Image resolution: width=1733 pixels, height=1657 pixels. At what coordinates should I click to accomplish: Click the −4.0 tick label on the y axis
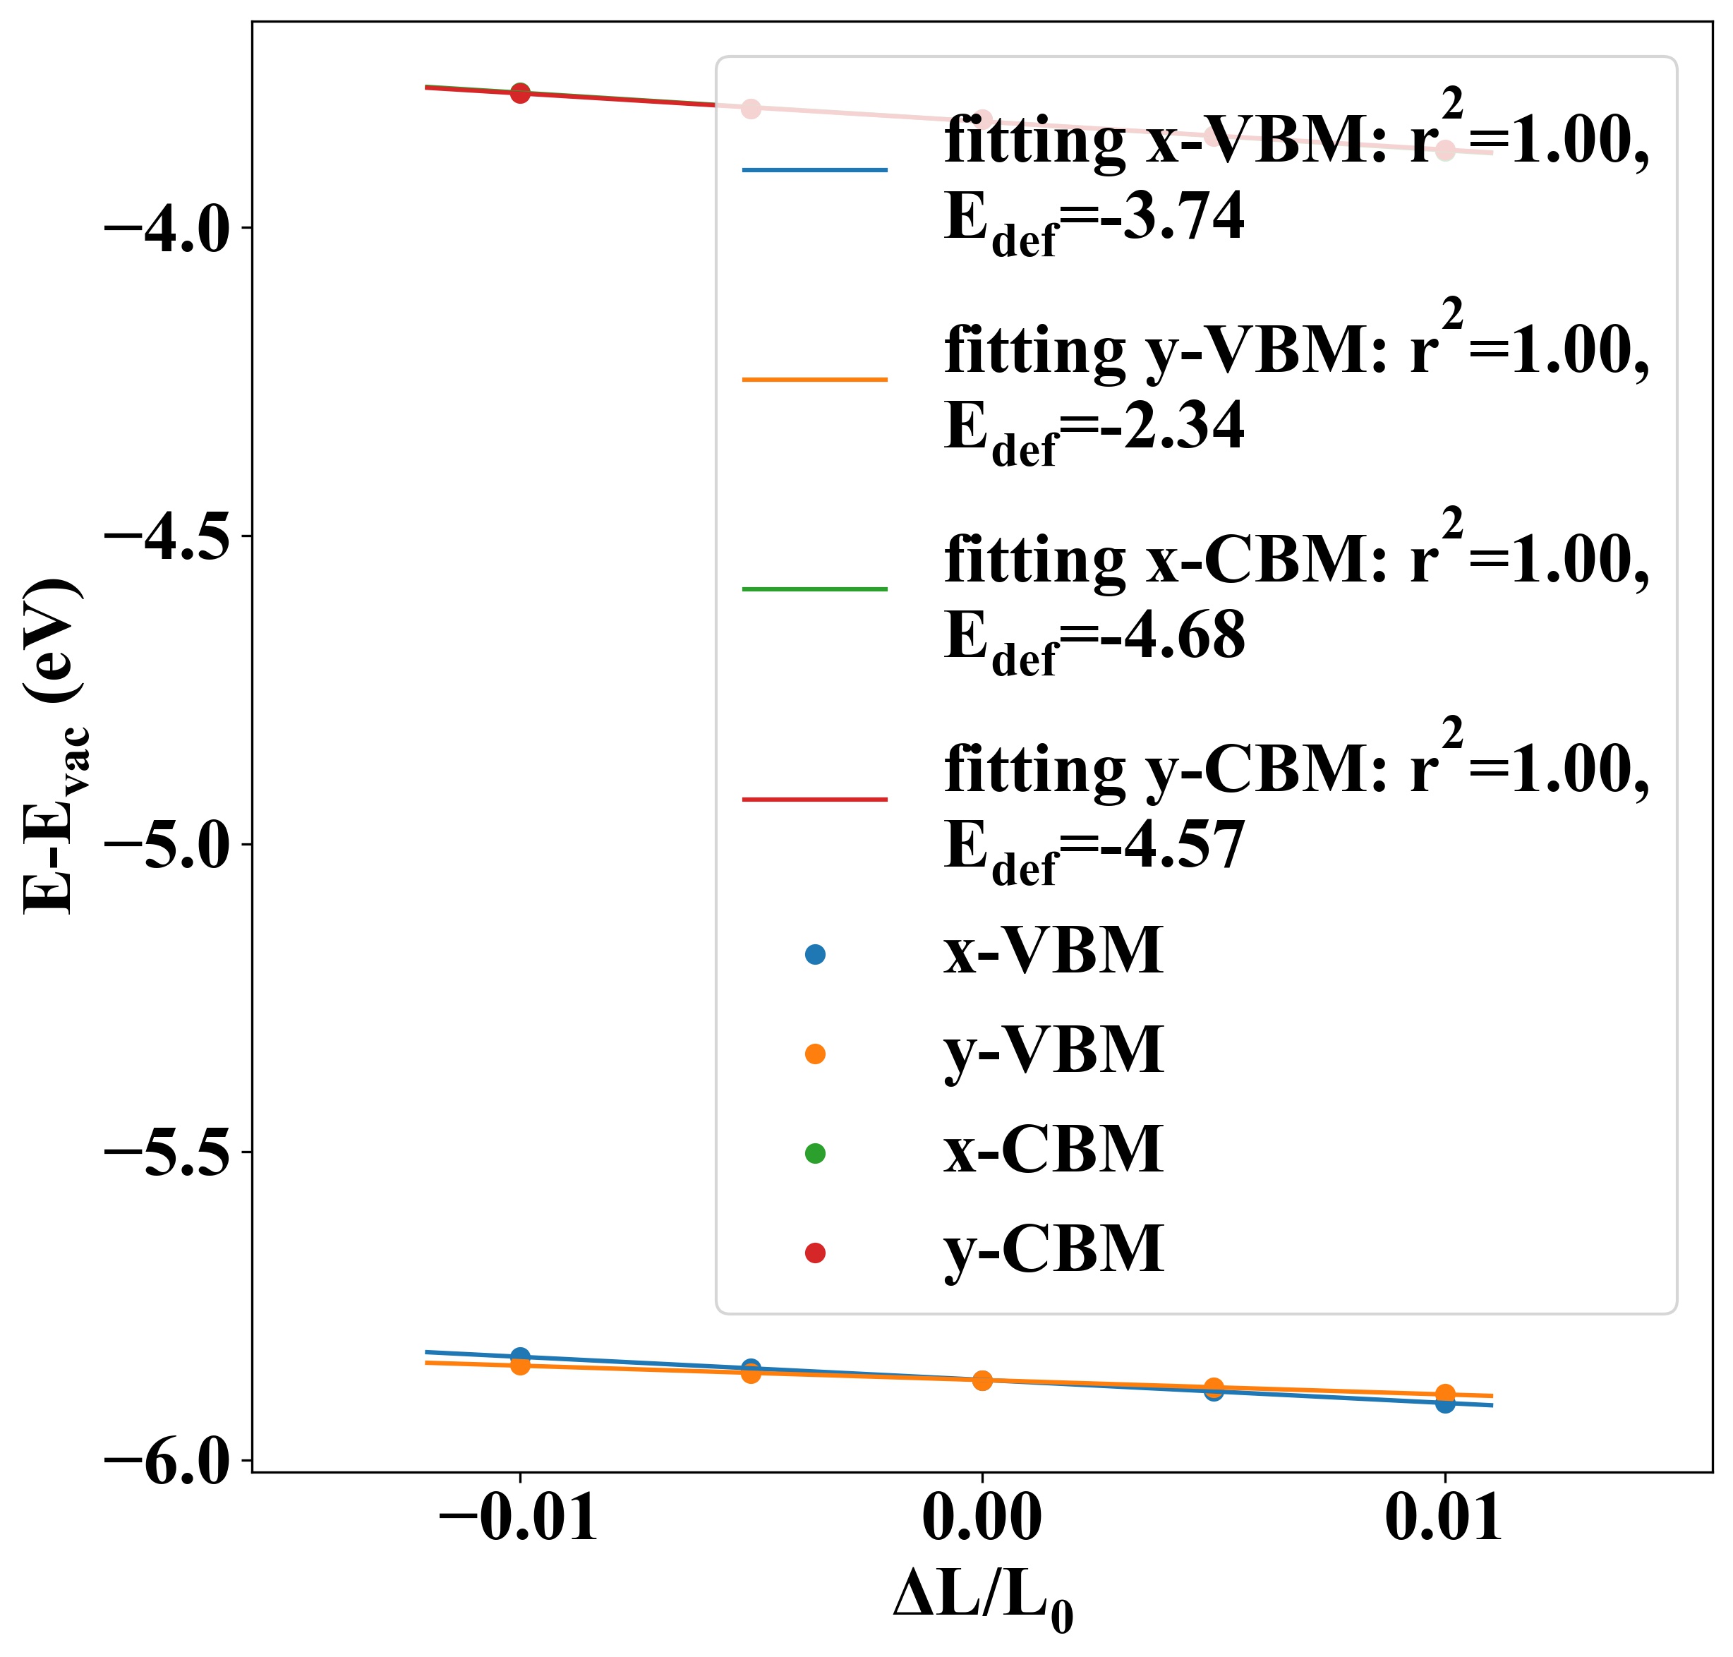(x=167, y=229)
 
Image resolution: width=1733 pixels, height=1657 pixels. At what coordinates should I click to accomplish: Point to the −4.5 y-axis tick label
(x=167, y=536)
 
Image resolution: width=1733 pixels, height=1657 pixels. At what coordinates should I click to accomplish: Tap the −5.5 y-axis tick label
(x=167, y=1152)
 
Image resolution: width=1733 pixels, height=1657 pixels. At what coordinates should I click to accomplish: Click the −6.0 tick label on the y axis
(x=167, y=1461)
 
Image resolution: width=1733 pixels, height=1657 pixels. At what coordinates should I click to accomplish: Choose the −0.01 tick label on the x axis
(x=519, y=1521)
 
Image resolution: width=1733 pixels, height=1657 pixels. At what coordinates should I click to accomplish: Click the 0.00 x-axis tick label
(x=982, y=1521)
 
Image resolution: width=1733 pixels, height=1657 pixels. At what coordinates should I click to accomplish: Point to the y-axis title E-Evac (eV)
(x=53, y=747)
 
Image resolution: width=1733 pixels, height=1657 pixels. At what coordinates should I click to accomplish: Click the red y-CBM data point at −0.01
(x=520, y=92)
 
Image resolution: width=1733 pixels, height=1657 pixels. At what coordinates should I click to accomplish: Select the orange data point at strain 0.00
(x=982, y=1380)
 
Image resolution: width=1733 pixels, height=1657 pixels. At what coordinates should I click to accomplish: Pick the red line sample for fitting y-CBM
(x=814, y=800)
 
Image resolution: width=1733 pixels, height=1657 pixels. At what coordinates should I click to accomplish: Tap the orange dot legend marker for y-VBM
(x=815, y=1054)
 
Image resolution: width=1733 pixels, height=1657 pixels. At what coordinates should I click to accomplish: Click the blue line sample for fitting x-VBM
(x=814, y=169)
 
